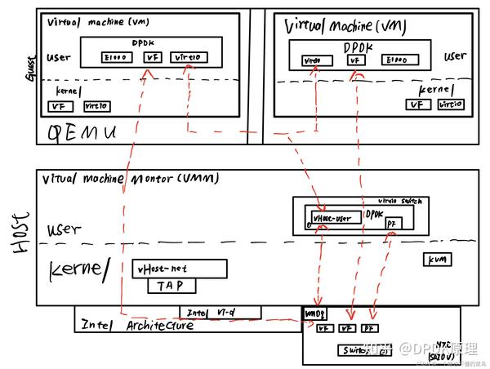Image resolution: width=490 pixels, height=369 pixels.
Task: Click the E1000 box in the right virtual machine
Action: click(x=395, y=60)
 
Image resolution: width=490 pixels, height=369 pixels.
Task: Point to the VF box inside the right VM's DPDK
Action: click(x=354, y=60)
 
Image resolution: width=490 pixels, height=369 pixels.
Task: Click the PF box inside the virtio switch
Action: click(x=393, y=222)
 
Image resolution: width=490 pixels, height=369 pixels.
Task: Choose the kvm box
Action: click(x=433, y=259)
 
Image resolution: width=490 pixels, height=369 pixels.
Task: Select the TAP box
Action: click(x=171, y=286)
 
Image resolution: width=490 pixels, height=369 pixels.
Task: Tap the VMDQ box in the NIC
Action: click(x=314, y=313)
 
